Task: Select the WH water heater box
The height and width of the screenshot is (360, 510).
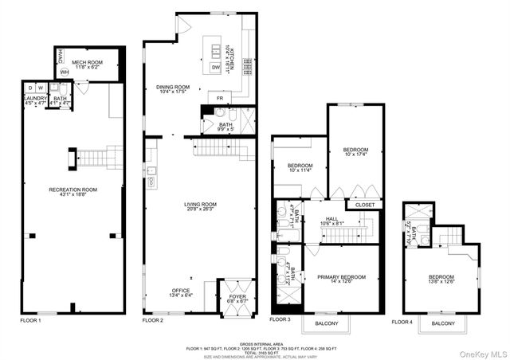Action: coord(64,72)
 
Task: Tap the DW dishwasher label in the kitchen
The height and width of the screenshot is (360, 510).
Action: coord(216,68)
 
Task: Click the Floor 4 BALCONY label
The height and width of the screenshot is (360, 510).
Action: coord(444,324)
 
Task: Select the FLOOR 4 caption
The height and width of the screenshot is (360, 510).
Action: coord(403,322)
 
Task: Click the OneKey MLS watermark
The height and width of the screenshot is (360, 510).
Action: coord(482,351)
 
